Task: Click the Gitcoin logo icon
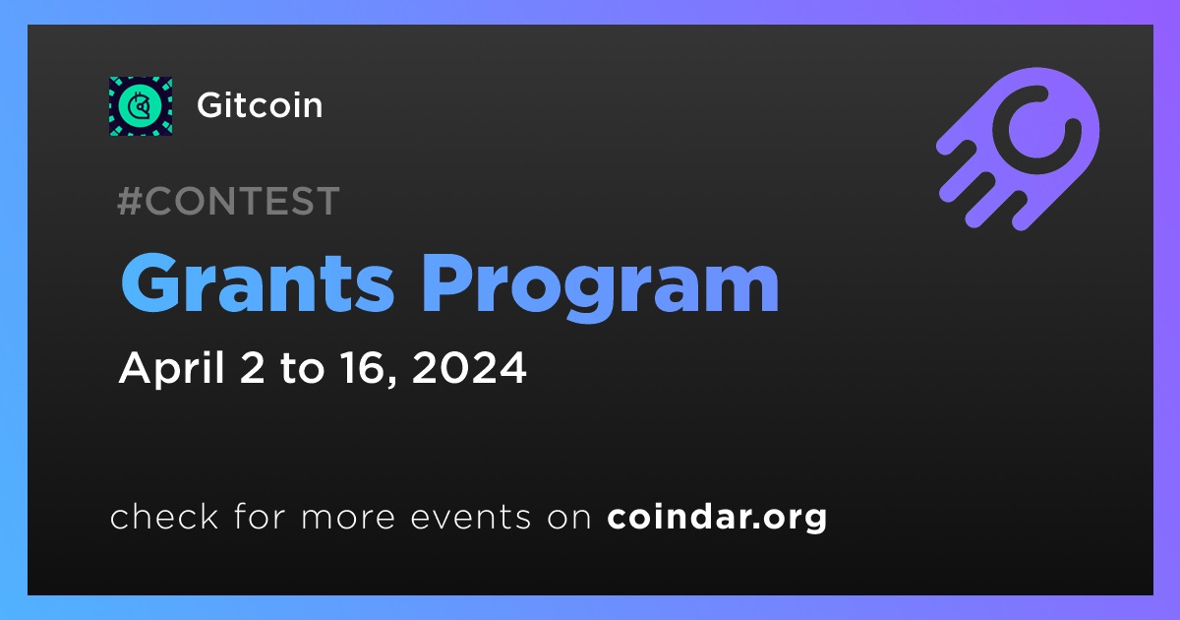pos(141,106)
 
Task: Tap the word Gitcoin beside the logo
pos(260,105)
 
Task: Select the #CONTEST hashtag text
pos(228,201)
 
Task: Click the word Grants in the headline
pos(258,284)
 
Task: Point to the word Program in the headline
pos(601,287)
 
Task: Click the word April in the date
pos(172,367)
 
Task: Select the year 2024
pos(469,368)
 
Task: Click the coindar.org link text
pos(717,518)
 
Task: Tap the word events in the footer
pos(471,517)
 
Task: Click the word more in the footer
pos(348,518)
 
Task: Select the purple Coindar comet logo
pos(1019,150)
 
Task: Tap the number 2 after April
pos(252,368)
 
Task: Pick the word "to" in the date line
pos(302,368)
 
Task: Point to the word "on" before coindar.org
pos(569,518)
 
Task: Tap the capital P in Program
pos(447,283)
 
